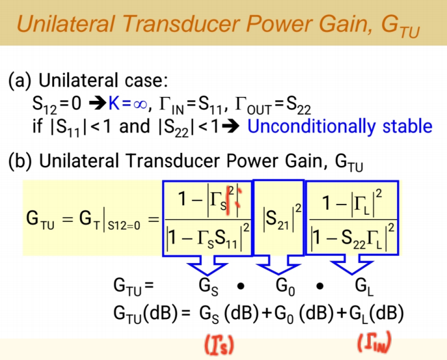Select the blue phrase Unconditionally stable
tap(340, 126)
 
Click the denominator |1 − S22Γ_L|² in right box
tap(352, 237)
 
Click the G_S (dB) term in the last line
tap(223, 313)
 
